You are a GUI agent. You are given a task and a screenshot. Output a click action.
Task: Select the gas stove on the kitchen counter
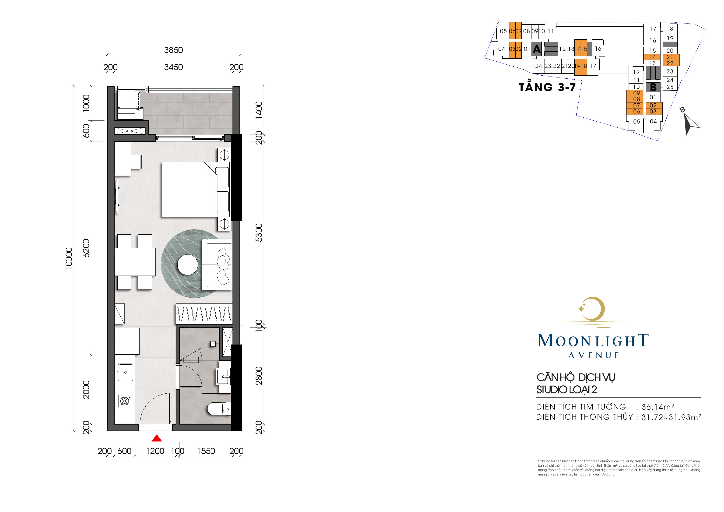125,401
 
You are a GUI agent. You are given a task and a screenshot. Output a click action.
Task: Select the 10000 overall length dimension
69,258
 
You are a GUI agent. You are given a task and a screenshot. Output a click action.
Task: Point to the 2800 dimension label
259,376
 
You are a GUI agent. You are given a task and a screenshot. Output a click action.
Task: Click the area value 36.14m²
658,407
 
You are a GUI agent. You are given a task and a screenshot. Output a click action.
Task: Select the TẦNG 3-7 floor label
547,87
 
